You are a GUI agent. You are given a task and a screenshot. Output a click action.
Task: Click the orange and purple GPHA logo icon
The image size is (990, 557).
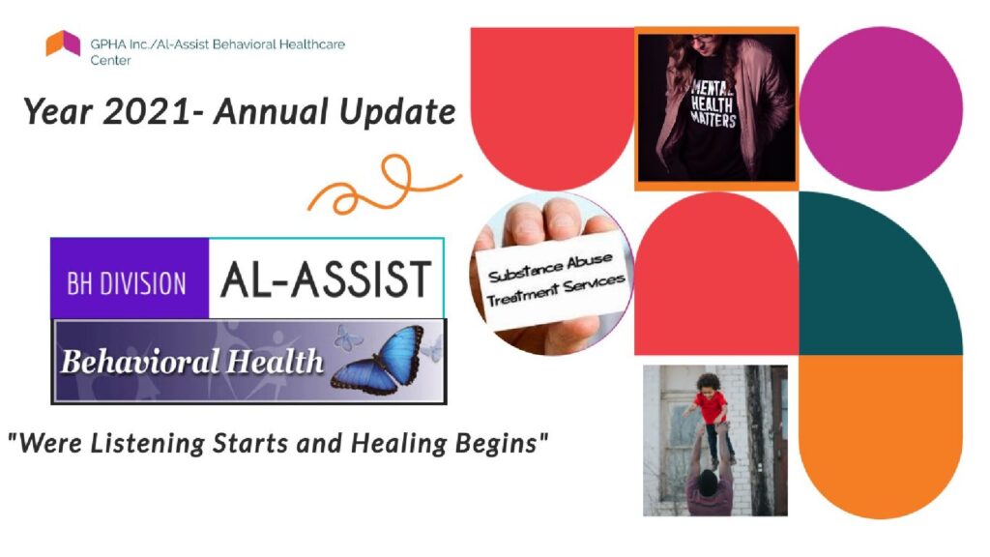(x=63, y=44)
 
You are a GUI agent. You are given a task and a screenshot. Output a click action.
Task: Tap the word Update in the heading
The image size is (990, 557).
(x=397, y=112)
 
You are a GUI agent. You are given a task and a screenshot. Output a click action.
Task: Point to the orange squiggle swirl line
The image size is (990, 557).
(x=384, y=184)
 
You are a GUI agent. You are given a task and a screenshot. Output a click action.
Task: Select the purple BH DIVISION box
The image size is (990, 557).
(x=130, y=278)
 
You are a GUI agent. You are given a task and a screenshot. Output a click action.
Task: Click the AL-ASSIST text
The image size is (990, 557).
(x=326, y=279)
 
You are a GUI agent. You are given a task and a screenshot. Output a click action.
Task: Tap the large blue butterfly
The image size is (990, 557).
(x=378, y=361)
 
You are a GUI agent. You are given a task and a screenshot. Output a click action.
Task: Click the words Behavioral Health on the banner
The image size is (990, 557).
(x=192, y=362)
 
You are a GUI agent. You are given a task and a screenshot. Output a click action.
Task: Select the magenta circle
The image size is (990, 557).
(x=881, y=108)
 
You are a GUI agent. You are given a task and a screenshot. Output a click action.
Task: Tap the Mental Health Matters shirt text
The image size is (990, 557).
(x=713, y=103)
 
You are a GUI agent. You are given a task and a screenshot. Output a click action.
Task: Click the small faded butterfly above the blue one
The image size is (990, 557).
(x=348, y=337)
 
